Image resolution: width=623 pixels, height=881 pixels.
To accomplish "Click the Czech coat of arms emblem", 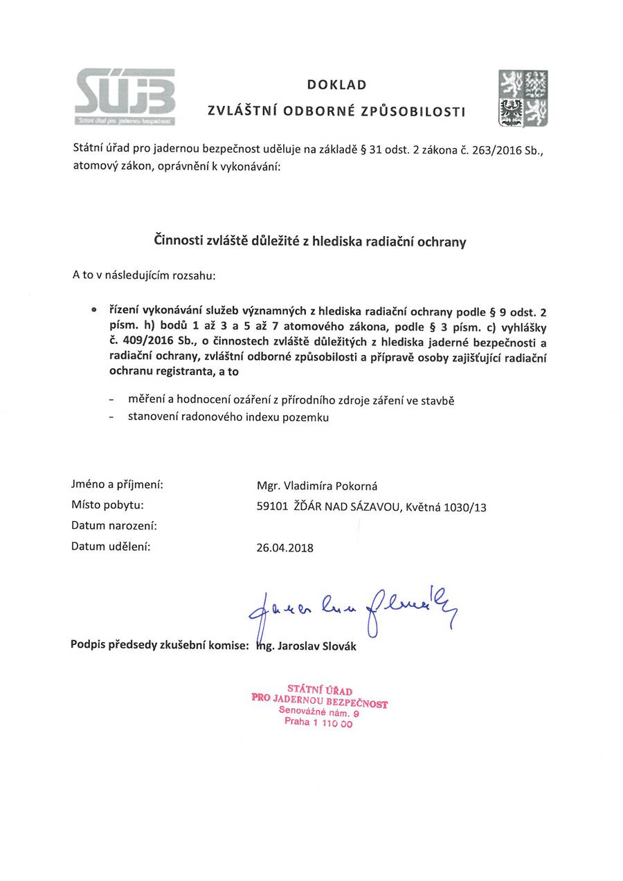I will [x=523, y=98].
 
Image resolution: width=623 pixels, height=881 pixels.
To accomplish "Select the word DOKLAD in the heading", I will [x=336, y=85].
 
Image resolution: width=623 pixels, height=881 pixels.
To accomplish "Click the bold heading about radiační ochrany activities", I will [x=309, y=242].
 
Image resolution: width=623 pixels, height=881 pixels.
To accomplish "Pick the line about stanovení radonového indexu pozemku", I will [x=228, y=417].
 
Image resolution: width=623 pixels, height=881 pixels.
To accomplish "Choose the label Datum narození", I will [x=114, y=525].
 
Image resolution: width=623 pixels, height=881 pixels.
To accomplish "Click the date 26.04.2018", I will [x=285, y=548].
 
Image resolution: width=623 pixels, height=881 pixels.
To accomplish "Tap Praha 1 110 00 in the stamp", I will [x=318, y=723].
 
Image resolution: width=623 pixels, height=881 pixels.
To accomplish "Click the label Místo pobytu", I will [x=107, y=505].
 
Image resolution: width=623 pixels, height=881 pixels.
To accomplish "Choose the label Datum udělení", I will [x=111, y=546].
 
